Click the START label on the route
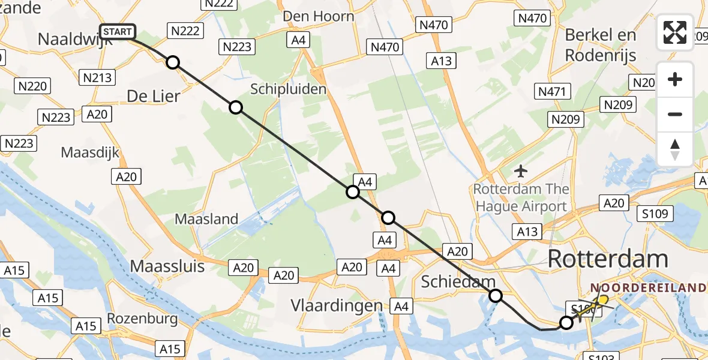click(118, 32)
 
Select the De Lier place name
click(154, 95)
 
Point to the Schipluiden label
click(289, 89)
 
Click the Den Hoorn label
click(318, 16)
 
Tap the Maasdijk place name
click(90, 152)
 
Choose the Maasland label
click(206, 219)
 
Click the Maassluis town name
click(167, 266)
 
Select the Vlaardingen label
click(337, 305)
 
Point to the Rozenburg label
click(142, 318)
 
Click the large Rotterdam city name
click(608, 259)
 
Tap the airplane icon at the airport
click(521, 172)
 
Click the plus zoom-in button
click(675, 80)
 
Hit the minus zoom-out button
click(675, 114)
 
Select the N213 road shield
click(97, 77)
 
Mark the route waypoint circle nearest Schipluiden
click(236, 107)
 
